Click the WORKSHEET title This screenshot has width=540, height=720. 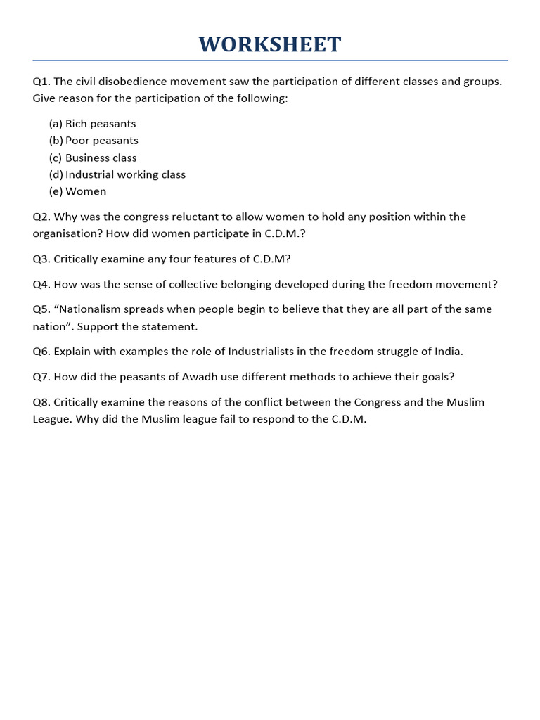(x=270, y=44)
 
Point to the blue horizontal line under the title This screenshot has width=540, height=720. (x=270, y=61)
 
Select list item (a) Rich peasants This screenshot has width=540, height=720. (x=92, y=124)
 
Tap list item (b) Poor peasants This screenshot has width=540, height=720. (x=94, y=141)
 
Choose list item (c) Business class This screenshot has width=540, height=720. (x=93, y=157)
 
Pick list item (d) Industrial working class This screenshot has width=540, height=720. (x=117, y=174)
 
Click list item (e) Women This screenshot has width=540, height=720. (x=78, y=191)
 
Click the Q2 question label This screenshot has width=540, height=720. (x=41, y=217)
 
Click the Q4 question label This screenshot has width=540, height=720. (x=41, y=284)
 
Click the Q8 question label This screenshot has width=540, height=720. (x=41, y=402)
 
